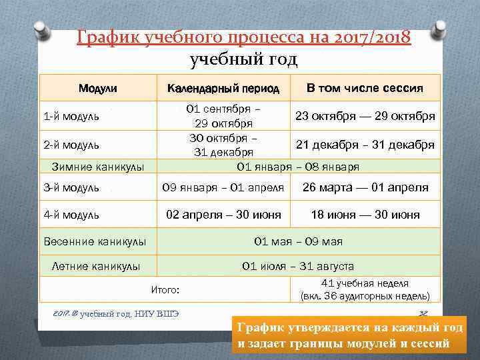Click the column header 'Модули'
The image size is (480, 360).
[x=97, y=88]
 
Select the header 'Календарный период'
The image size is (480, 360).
[x=223, y=88]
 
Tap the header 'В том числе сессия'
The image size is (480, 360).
[x=364, y=88]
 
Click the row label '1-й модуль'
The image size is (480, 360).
[x=71, y=117]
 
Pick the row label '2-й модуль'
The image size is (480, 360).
[x=71, y=145]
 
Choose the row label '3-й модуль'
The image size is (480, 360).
[x=71, y=188]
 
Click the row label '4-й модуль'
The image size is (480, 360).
[x=71, y=215]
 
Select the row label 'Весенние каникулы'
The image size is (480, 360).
[x=95, y=241]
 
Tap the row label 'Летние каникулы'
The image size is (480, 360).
[x=96, y=267]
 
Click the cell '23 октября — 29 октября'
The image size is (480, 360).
[x=365, y=116]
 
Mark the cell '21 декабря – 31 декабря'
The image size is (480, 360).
[x=365, y=145]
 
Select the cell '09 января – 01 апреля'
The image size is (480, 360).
[x=223, y=188]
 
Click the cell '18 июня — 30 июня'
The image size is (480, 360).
[x=365, y=215]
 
